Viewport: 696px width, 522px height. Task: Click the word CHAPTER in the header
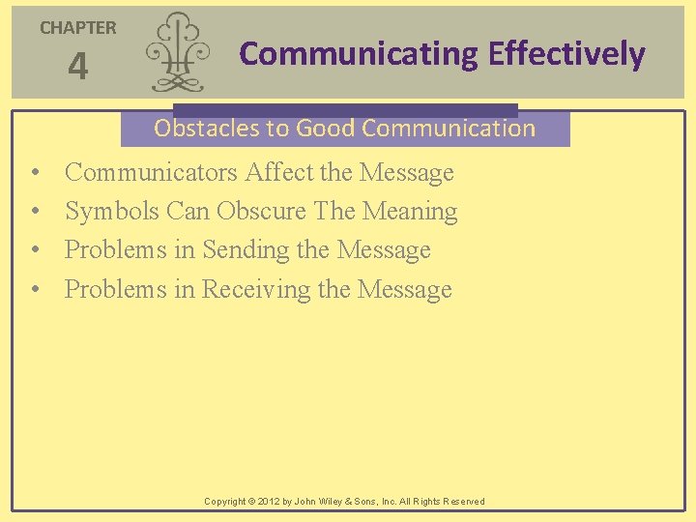77,28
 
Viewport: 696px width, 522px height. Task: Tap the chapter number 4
77,68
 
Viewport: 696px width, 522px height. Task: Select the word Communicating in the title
359,54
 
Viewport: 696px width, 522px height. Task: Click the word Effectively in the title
566,54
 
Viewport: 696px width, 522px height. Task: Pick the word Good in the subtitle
324,128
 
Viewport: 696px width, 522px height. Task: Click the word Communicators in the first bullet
151,173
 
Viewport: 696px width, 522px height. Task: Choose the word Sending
245,250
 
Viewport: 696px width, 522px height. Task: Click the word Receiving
256,289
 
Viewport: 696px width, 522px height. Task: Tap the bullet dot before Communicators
35,174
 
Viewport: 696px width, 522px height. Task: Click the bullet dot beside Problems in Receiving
35,290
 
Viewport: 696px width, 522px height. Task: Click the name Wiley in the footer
343,502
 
